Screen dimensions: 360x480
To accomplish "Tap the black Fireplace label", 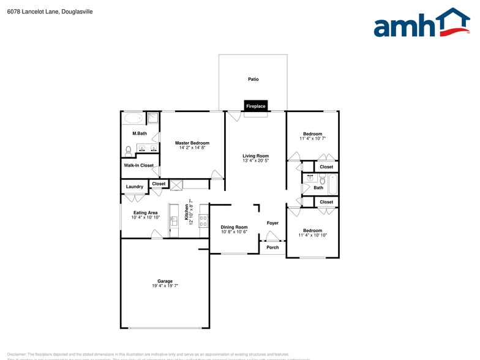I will pyautogui.click(x=255, y=107).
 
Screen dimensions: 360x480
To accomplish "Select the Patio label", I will pyautogui.click(x=253, y=80).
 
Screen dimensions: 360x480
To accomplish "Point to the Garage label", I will pyautogui.click(x=165, y=282).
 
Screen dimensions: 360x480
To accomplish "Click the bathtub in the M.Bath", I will pyautogui.click(x=133, y=118).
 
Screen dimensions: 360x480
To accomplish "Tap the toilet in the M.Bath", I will pyautogui.click(x=129, y=149).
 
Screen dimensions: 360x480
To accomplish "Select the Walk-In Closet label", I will pyautogui.click(x=139, y=165).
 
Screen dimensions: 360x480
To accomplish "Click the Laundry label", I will pyautogui.click(x=134, y=187).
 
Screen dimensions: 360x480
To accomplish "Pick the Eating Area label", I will pyautogui.click(x=145, y=212).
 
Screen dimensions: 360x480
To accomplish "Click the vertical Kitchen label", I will pyautogui.click(x=187, y=211).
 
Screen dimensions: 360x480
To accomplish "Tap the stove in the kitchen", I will pyautogui.click(x=203, y=217).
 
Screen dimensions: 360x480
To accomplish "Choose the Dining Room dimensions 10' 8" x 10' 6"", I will pyautogui.click(x=234, y=232).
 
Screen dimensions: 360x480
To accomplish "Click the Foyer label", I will pyautogui.click(x=272, y=223).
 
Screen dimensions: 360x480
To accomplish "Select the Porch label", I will pyautogui.click(x=272, y=247).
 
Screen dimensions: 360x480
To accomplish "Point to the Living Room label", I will pyautogui.click(x=255, y=156).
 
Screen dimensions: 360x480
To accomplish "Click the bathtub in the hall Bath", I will pyautogui.click(x=332, y=183).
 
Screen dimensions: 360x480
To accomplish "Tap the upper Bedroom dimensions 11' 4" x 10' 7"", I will pyautogui.click(x=312, y=139).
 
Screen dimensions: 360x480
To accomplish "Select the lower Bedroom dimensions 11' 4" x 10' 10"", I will pyautogui.click(x=312, y=235).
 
